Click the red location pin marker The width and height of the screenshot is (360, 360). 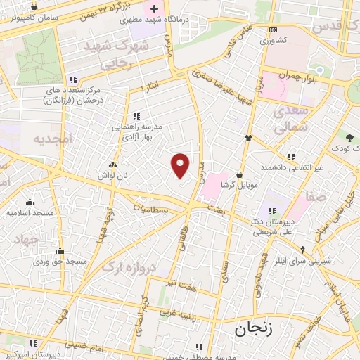click(181, 165)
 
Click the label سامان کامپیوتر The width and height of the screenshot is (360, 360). click(30, 16)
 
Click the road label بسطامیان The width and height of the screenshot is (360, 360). click(154, 209)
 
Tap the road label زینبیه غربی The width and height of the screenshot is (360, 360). click(176, 311)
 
